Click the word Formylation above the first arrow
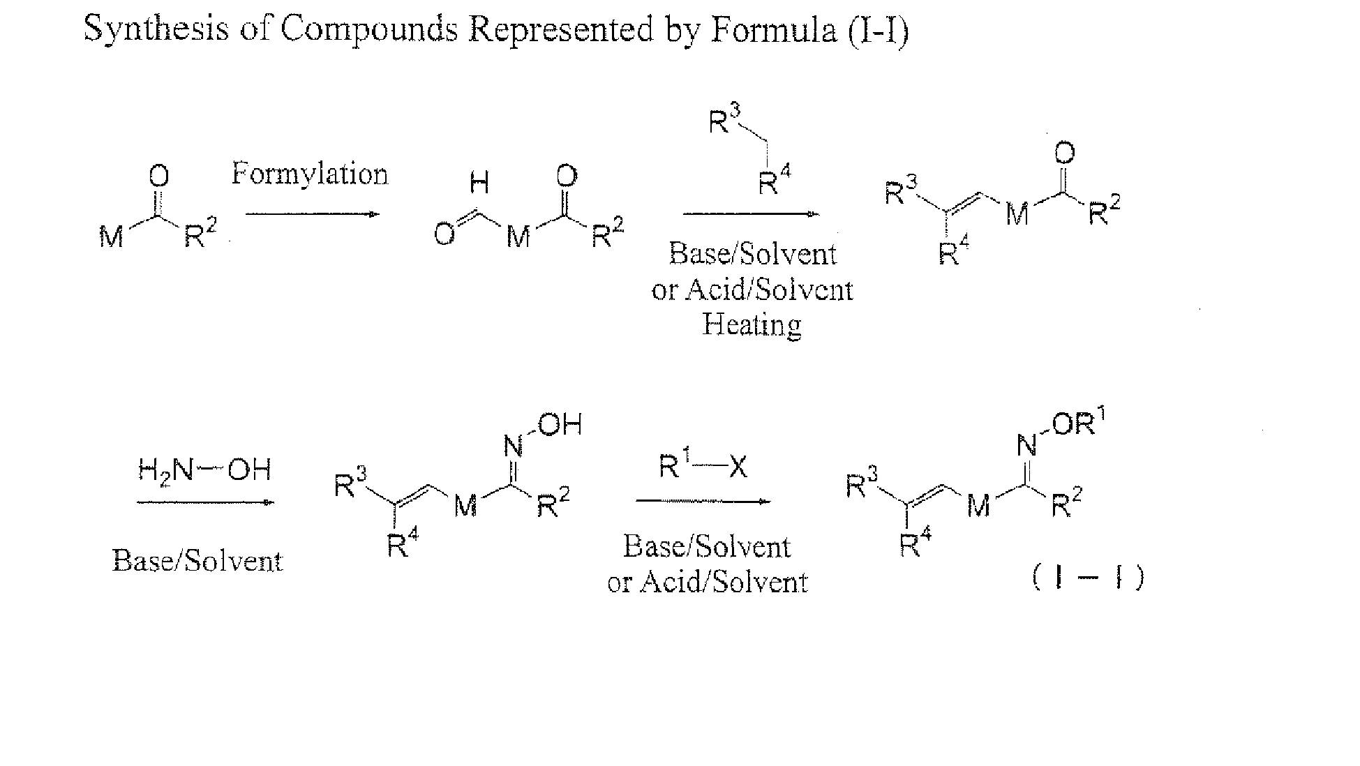[x=309, y=174]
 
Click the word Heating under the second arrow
[x=752, y=325]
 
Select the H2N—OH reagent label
[x=204, y=471]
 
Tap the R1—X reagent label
[x=703, y=467]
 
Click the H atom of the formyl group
[x=479, y=184]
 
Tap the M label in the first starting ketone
[x=111, y=237]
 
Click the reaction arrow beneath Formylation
[x=313, y=213]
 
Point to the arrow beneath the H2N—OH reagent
[x=205, y=502]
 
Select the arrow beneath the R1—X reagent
[x=703, y=501]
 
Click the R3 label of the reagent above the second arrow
[x=723, y=121]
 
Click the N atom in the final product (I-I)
[x=1025, y=444]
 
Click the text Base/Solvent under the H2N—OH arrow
[x=197, y=561]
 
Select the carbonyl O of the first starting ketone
[x=159, y=176]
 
